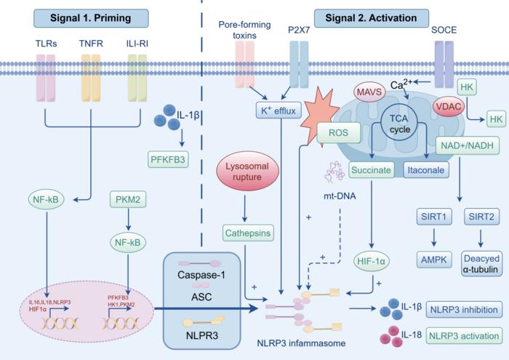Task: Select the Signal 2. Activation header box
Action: (371, 15)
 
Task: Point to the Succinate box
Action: (372, 170)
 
